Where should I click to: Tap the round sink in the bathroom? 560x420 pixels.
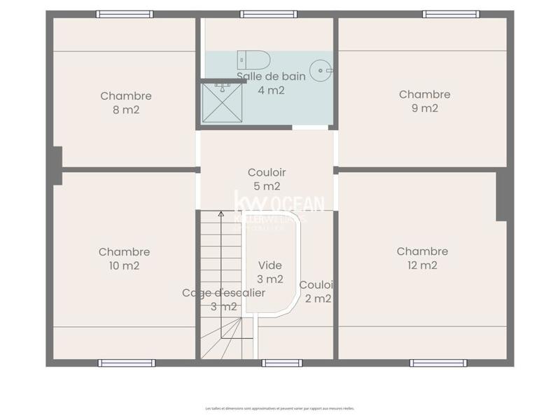click(x=321, y=69)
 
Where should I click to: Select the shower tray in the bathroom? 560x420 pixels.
click(x=221, y=101)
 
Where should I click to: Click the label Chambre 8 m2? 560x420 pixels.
click(x=126, y=103)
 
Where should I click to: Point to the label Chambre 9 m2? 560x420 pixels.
click(x=425, y=101)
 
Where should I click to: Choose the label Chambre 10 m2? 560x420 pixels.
click(x=124, y=259)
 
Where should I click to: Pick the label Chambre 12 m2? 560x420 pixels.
click(x=422, y=258)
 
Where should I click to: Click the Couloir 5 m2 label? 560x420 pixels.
click(x=267, y=179)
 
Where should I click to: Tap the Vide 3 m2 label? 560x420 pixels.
click(x=270, y=272)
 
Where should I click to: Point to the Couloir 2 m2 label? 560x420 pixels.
click(x=316, y=292)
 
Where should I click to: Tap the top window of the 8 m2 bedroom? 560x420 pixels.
click(x=125, y=14)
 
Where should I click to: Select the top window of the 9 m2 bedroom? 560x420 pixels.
click(x=451, y=14)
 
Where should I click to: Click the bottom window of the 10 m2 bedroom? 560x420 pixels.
click(x=126, y=363)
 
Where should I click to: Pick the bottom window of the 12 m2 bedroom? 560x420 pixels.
click(x=437, y=363)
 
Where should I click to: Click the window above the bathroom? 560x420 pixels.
click(x=269, y=14)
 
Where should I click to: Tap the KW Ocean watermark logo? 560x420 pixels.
click(x=279, y=209)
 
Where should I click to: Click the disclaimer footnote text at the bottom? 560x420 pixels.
click(x=279, y=408)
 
